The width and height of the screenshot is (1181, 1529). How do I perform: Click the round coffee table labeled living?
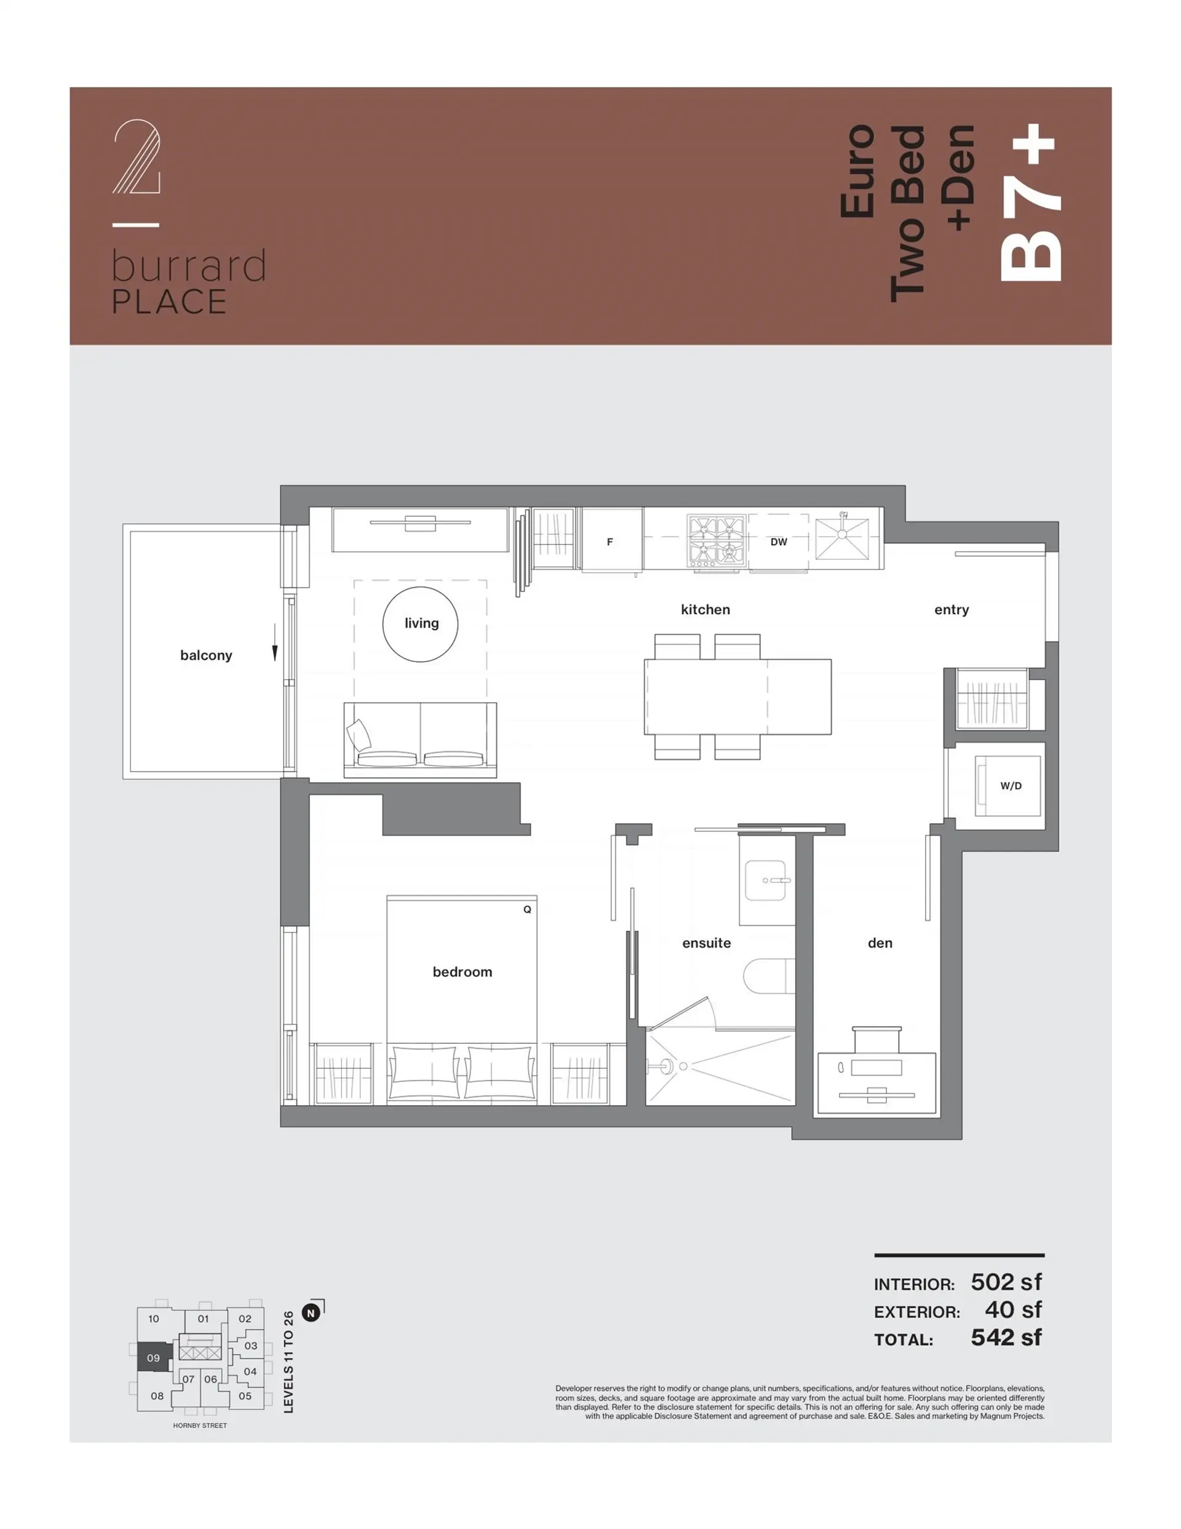click(x=420, y=624)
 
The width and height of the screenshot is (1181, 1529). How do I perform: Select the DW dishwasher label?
click(x=779, y=542)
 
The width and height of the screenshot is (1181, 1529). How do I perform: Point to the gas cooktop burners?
click(x=715, y=540)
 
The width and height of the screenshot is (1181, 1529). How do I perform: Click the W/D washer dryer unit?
click(x=1008, y=786)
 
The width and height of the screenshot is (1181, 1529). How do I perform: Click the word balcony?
click(x=206, y=655)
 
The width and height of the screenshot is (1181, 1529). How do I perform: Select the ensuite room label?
click(x=706, y=943)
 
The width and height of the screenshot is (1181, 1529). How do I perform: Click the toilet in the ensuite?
click(x=768, y=976)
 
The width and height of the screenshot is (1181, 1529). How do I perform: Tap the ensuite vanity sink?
click(x=766, y=880)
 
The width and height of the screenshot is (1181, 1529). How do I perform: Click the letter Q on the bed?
click(x=527, y=909)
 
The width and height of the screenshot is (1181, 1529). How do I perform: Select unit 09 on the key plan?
click(x=153, y=1357)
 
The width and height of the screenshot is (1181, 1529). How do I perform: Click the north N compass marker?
click(x=311, y=1312)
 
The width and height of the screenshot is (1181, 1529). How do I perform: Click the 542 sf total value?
click(x=1005, y=1337)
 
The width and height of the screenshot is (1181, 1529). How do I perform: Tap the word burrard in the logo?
click(x=188, y=266)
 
